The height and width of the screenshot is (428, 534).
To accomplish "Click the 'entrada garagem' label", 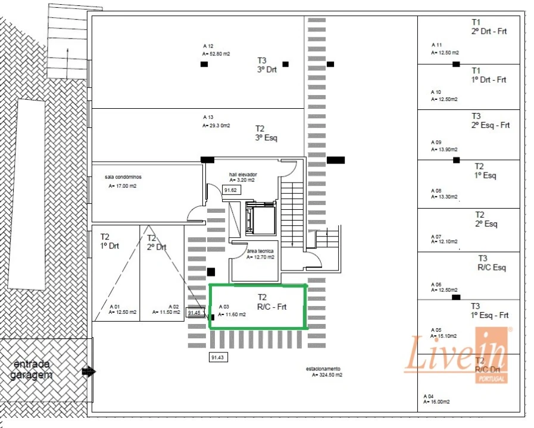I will tap(31, 369).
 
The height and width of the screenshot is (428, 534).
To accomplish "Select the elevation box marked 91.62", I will tap(230, 190).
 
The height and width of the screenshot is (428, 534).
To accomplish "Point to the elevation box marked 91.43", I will tap(218, 357).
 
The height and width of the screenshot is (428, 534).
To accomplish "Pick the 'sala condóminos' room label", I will tap(123, 177).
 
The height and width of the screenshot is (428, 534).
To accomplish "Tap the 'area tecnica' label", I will tap(260, 252).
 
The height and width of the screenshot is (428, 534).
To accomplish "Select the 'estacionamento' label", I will tap(323, 369).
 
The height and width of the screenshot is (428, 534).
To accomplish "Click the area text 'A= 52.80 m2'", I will tap(216, 53).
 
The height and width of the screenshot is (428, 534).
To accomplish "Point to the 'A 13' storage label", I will tap(208, 117).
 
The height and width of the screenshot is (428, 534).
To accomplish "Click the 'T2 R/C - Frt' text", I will tap(271, 302).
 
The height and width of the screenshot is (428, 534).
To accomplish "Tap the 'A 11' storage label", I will tap(436, 45).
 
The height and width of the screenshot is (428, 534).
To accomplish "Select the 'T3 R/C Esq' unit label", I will tap(492, 263).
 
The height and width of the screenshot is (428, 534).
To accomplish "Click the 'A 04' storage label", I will tap(429, 396).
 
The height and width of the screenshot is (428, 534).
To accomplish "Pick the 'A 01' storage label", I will tap(115, 306).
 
